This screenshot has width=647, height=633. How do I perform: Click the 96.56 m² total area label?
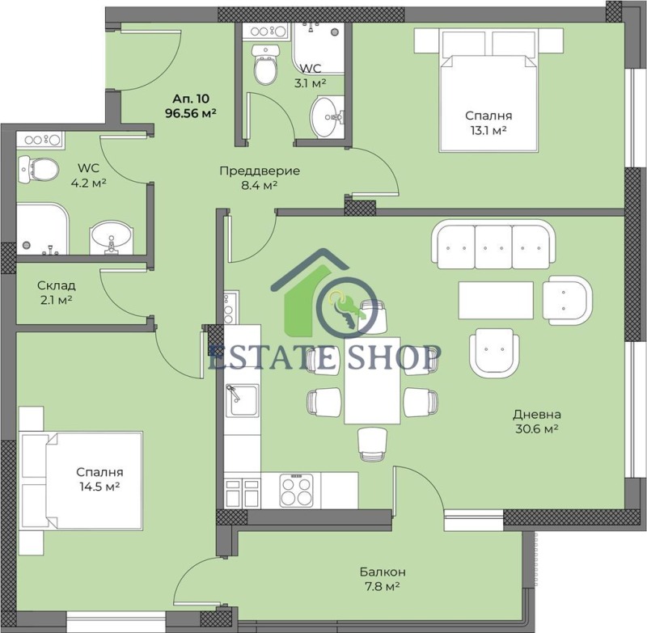click(192, 114)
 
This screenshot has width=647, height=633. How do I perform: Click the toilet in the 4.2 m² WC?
click(39, 169)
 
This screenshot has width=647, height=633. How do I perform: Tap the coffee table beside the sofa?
click(496, 300)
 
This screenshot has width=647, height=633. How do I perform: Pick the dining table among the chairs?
click(372, 380)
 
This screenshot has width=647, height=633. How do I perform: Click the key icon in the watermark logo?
click(341, 310)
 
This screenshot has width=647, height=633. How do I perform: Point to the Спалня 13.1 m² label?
click(488, 122)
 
